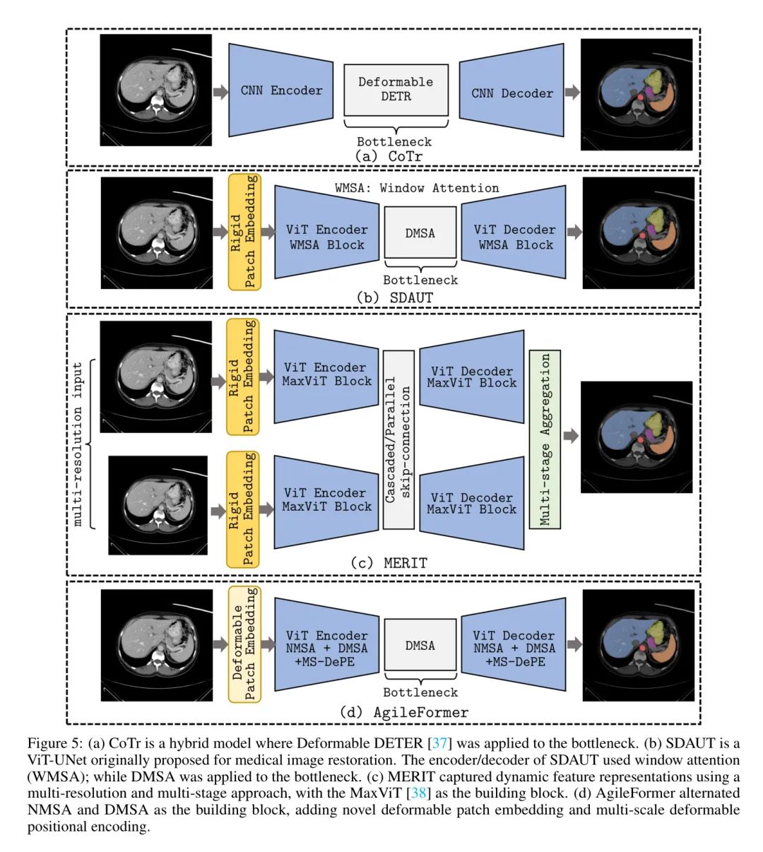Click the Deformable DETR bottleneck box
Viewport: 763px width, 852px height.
[x=396, y=90]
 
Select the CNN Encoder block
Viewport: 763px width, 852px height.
[x=281, y=90]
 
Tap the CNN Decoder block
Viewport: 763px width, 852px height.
[x=512, y=93]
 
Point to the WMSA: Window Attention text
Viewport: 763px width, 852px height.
[x=417, y=188]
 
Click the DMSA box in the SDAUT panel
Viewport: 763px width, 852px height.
[x=420, y=233]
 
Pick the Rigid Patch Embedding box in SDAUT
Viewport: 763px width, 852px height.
[x=244, y=232]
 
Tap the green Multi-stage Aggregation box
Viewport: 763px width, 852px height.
[x=545, y=439]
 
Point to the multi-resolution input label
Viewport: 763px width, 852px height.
[x=78, y=444]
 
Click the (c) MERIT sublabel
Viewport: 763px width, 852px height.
[x=389, y=563]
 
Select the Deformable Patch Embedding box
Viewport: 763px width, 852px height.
[x=244, y=644]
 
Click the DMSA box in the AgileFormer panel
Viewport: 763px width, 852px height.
[x=420, y=646]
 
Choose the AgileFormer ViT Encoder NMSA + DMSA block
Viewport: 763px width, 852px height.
[x=326, y=649]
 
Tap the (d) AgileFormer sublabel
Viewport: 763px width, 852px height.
[x=403, y=712]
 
